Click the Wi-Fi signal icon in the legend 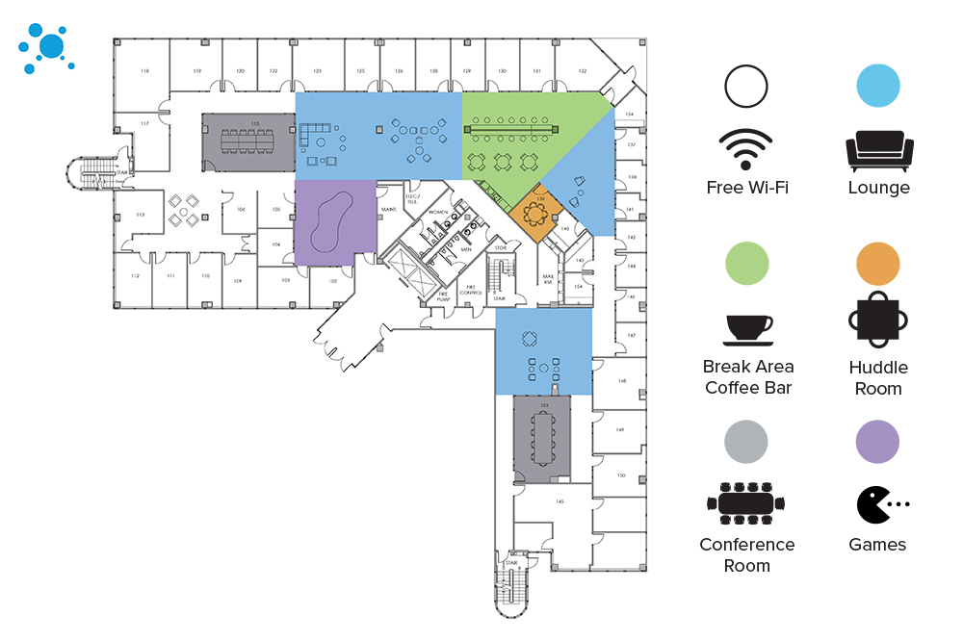coord(745,150)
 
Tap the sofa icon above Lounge coord(878,151)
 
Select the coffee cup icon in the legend coord(747,329)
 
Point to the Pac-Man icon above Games coord(878,504)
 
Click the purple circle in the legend coord(877,442)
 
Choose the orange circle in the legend coord(877,263)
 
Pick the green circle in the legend coord(747,263)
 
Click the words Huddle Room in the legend coord(878,378)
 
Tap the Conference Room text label coord(747,555)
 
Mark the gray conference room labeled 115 coord(247,142)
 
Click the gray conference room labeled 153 coord(543,440)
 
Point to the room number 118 coord(144,72)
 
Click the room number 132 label coord(582,72)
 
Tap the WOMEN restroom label coord(438,212)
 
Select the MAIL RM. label coord(548,278)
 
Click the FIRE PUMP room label coord(444,296)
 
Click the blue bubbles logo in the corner coord(45,47)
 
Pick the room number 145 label coord(559,501)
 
